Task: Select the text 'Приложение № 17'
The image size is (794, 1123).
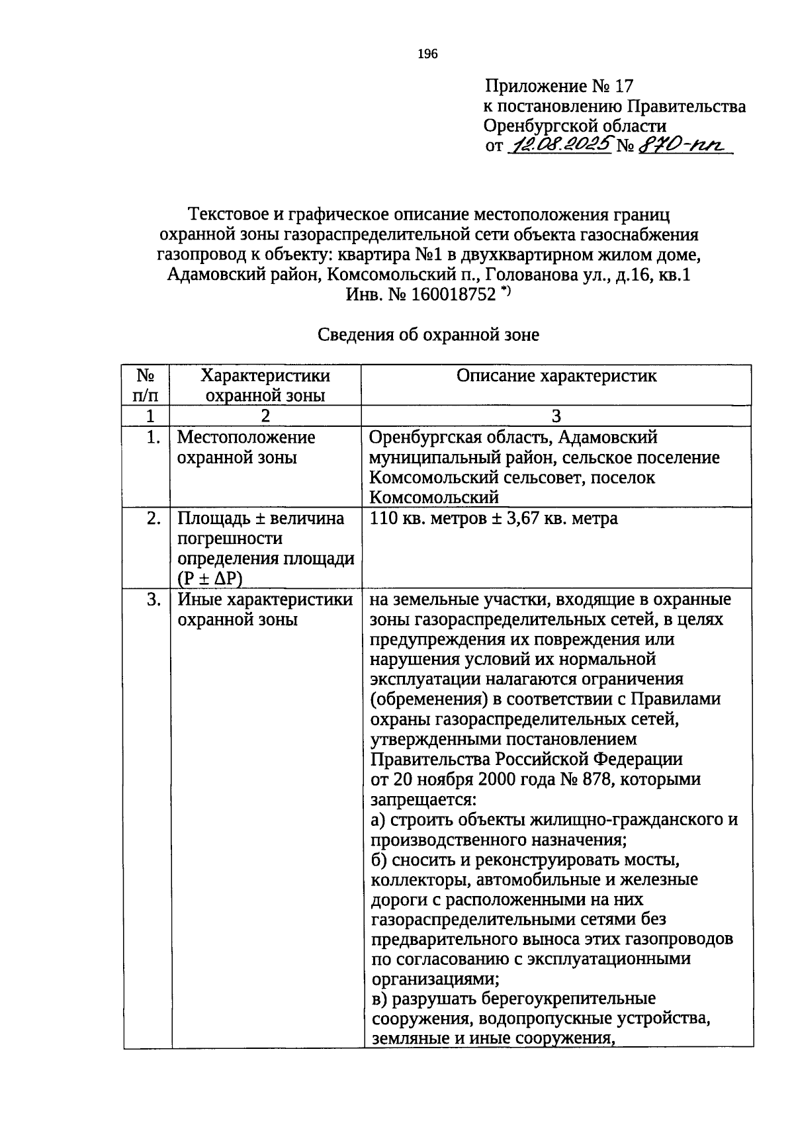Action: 559,86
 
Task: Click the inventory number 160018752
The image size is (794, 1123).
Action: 453,294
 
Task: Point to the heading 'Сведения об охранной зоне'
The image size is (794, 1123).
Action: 429,335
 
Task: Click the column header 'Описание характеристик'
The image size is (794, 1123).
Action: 556,376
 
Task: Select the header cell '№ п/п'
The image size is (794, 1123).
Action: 146,385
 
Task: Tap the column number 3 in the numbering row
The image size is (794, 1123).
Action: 556,416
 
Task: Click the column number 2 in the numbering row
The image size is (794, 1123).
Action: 265,416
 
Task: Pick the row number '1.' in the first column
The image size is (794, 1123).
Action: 153,437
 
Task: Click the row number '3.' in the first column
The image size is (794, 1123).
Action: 153,600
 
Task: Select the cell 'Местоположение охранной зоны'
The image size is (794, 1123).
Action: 247,447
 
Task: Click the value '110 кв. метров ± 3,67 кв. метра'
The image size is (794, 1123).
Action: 494,518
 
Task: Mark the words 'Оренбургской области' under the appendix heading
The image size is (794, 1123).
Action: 575,126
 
